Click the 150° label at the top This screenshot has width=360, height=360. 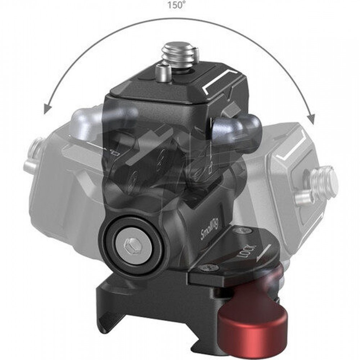[176, 5]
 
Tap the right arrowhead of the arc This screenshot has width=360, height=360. [311, 118]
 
